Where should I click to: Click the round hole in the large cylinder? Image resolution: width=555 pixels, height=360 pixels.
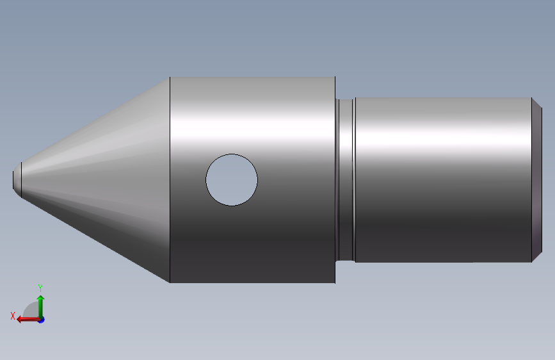[x=232, y=180]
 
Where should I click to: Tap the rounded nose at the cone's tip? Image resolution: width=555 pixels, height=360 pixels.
[x=16, y=179]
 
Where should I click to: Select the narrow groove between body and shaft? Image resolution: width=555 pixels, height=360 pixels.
[x=346, y=179]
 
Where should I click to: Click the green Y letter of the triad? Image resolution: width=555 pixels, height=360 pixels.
[x=40, y=288]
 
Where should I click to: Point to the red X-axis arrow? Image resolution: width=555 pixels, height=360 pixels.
[x=27, y=318]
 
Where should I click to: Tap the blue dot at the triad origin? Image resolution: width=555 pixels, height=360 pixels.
[x=41, y=319]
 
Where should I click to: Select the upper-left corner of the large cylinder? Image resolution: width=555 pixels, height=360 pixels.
[x=170, y=78]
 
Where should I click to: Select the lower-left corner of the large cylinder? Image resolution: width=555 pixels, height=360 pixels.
[x=170, y=282]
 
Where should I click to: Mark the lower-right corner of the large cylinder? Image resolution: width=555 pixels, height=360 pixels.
[x=335, y=282]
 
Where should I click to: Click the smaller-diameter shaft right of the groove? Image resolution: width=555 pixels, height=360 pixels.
[x=442, y=179]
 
